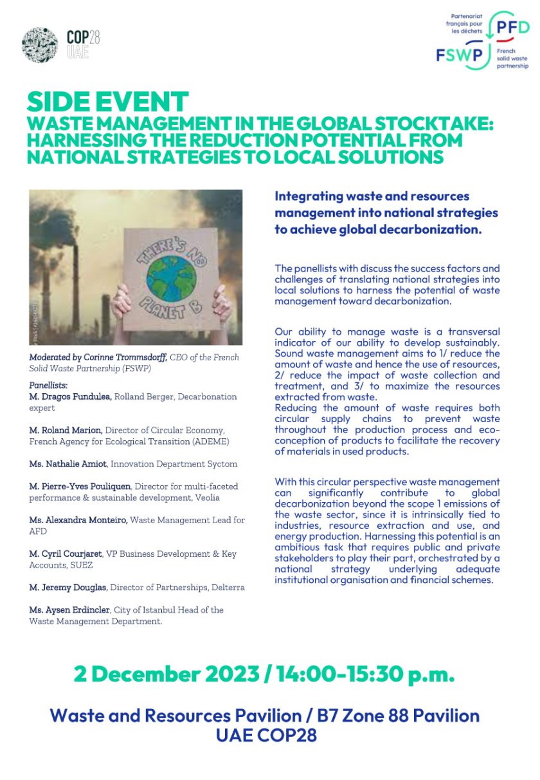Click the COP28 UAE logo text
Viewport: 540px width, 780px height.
tap(83, 44)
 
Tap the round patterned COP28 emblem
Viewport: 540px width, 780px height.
tap(39, 44)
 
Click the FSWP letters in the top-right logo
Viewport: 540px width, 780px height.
tap(460, 55)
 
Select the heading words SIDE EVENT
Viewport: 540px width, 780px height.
tap(108, 102)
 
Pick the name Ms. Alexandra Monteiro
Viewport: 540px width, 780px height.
tap(78, 519)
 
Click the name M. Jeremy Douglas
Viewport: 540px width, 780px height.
tap(67, 587)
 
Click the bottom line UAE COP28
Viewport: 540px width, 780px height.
tap(266, 734)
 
